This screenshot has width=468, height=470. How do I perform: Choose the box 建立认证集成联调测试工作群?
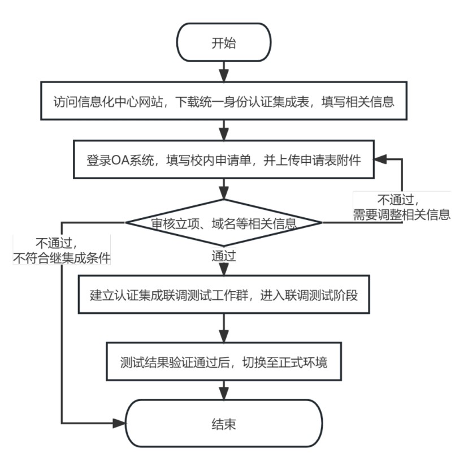point(224,295)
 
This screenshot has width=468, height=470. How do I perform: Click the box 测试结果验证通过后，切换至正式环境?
point(224,360)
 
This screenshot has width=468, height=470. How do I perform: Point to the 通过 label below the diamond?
point(223,256)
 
